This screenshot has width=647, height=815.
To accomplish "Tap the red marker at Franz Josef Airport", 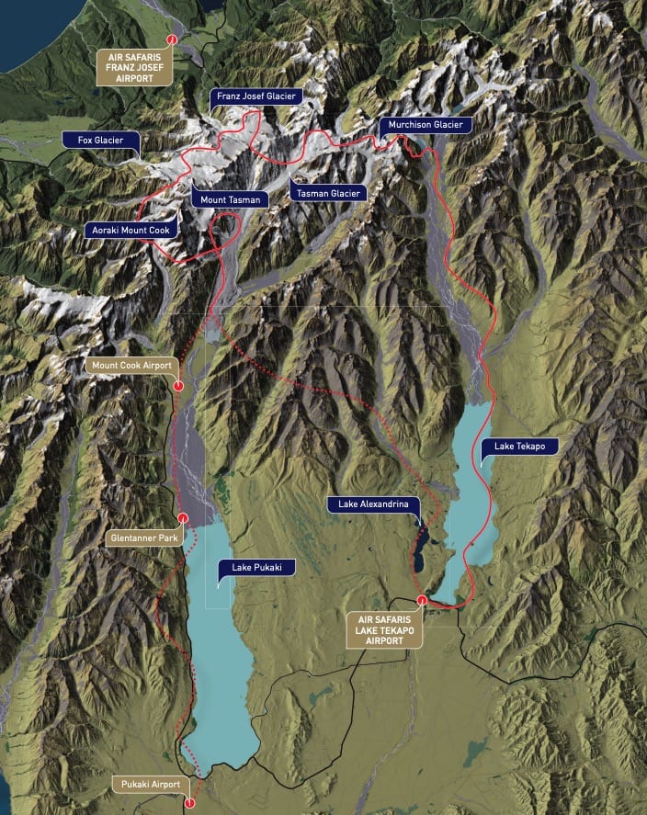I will click(x=171, y=39).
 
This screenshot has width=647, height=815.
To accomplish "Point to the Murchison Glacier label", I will click(x=425, y=125).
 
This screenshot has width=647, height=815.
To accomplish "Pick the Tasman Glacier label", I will click(x=328, y=192).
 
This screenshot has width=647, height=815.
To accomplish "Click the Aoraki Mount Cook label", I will click(x=131, y=230).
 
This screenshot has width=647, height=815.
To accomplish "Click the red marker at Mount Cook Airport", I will click(x=177, y=387).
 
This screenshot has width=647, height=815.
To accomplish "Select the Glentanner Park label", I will click(x=142, y=534).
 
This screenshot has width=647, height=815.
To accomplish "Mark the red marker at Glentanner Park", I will click(x=184, y=517).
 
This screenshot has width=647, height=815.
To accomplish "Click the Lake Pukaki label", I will click(x=255, y=567).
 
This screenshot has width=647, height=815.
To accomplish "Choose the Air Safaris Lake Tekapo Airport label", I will click(x=384, y=628).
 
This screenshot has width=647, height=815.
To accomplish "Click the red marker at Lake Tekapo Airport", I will click(x=421, y=601).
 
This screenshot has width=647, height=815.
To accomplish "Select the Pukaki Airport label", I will click(x=153, y=784).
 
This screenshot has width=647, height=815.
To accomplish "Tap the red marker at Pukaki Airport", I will click(x=190, y=802).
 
